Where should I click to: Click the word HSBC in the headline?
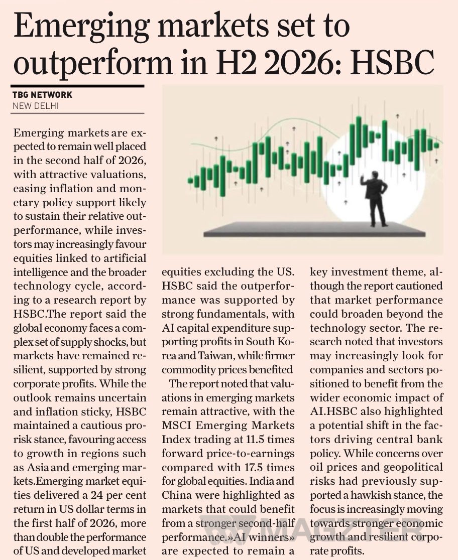click(x=392, y=62)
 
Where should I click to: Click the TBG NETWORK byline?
click(x=42, y=95)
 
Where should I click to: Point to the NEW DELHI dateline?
click(x=35, y=106)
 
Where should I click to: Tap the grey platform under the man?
click(x=314, y=229)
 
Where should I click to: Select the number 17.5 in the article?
click(x=256, y=467)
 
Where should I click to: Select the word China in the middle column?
click(x=176, y=495)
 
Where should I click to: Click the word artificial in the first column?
click(x=125, y=258)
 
